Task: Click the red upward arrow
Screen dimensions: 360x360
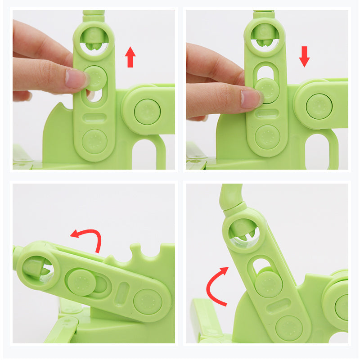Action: click(x=130, y=58)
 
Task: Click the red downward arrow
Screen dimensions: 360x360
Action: click(x=305, y=56)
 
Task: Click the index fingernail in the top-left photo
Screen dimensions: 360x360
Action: click(x=75, y=79)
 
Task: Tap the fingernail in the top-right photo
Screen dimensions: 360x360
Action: click(x=250, y=99)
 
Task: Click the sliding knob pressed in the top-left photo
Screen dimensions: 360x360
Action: click(x=95, y=77)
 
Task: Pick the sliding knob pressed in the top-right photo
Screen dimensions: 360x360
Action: click(x=267, y=90)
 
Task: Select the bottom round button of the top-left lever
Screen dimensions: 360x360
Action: click(x=94, y=140)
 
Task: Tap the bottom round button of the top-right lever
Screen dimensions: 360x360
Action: click(x=267, y=137)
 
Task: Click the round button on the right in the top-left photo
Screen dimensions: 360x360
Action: click(x=147, y=111)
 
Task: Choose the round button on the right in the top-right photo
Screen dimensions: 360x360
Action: click(x=319, y=106)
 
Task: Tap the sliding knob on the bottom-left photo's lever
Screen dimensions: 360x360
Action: click(x=81, y=282)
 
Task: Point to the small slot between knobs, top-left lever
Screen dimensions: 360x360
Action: click(x=95, y=117)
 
